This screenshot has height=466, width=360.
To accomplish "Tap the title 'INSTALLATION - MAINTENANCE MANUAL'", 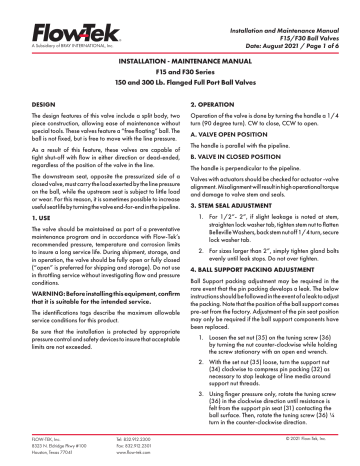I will (179, 60).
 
